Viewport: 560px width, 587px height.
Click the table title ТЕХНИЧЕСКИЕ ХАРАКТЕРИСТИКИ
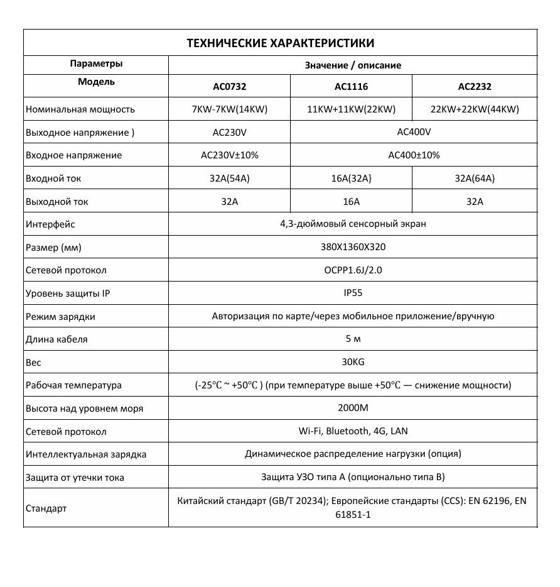click(x=280, y=43)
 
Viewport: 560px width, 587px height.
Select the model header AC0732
click(x=229, y=87)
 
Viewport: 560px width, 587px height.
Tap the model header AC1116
click(x=351, y=87)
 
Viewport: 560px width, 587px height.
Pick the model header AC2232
click(x=475, y=87)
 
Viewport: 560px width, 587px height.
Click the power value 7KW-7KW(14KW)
click(x=229, y=109)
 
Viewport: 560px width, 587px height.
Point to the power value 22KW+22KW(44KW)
click(x=475, y=109)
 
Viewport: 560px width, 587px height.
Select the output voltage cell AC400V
click(x=414, y=132)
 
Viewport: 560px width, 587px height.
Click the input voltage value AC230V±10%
click(x=229, y=155)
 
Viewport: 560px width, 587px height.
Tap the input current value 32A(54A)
click(x=229, y=178)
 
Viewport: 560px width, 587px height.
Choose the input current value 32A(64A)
click(x=475, y=178)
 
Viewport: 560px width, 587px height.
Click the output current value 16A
click(x=351, y=202)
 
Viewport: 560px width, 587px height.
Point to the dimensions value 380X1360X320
click(x=353, y=247)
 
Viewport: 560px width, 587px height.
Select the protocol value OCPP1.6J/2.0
click(x=353, y=270)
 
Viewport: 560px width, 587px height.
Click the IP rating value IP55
click(x=353, y=293)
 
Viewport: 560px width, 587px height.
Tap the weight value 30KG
click(x=353, y=362)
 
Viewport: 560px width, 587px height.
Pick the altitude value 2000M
click(x=353, y=408)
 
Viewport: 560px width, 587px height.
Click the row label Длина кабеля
click(x=57, y=339)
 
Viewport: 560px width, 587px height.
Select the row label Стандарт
click(x=46, y=508)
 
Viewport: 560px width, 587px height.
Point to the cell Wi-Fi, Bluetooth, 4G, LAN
click(x=353, y=431)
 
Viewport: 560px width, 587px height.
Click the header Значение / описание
click(x=353, y=65)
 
